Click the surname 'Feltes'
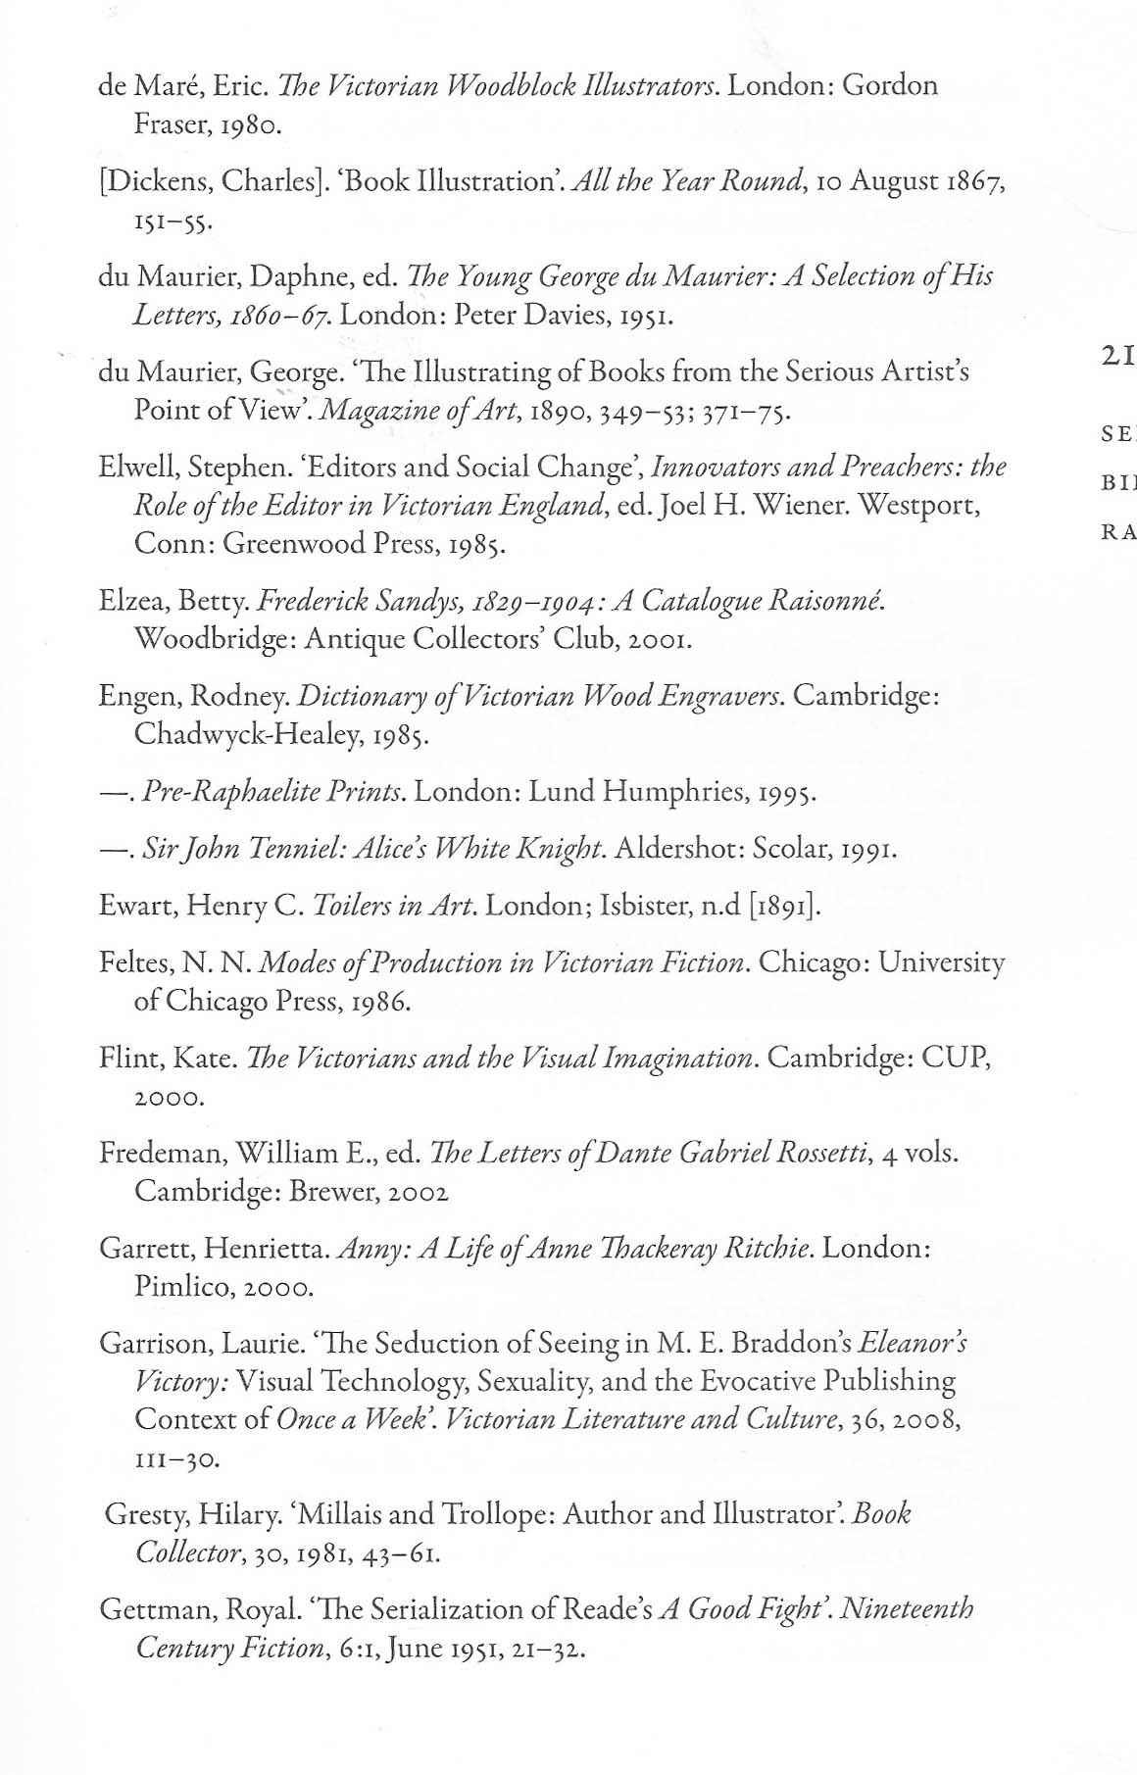pos(134,962)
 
